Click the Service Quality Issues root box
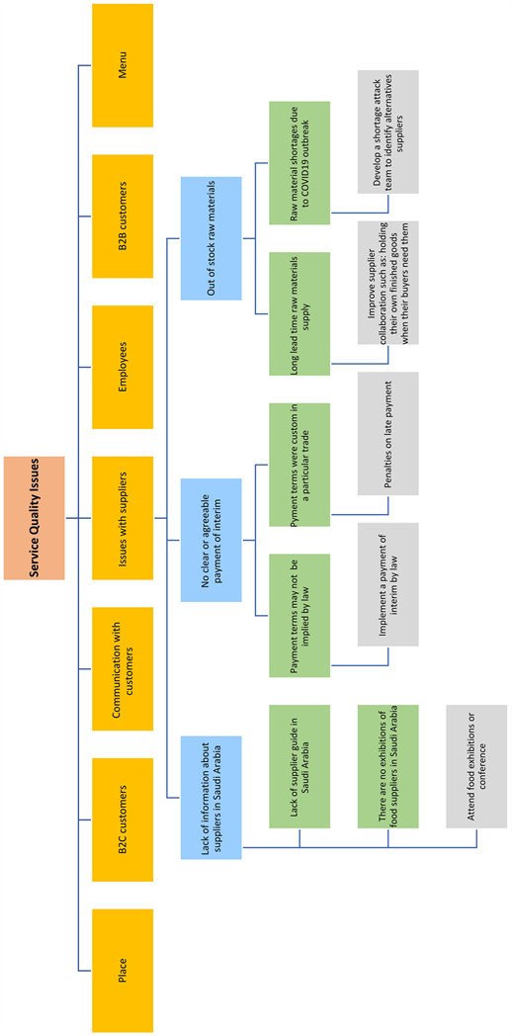(35, 517)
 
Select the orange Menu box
(123, 65)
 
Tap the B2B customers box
(123, 216)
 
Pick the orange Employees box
(123, 367)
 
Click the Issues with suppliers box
(123, 517)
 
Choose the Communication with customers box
(123, 668)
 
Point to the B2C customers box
(123, 820)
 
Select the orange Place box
(123, 970)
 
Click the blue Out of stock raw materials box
(211, 238)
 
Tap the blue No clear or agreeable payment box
(211, 540)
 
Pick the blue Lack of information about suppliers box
(211, 797)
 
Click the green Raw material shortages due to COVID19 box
(299, 163)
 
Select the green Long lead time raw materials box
(299, 313)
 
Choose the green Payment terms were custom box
(299, 465)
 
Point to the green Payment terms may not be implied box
(299, 615)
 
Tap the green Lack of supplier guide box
(299, 766)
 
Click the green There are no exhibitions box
(388, 766)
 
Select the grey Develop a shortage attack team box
(388, 131)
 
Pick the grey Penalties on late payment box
(388, 433)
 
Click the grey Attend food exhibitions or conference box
(476, 766)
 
